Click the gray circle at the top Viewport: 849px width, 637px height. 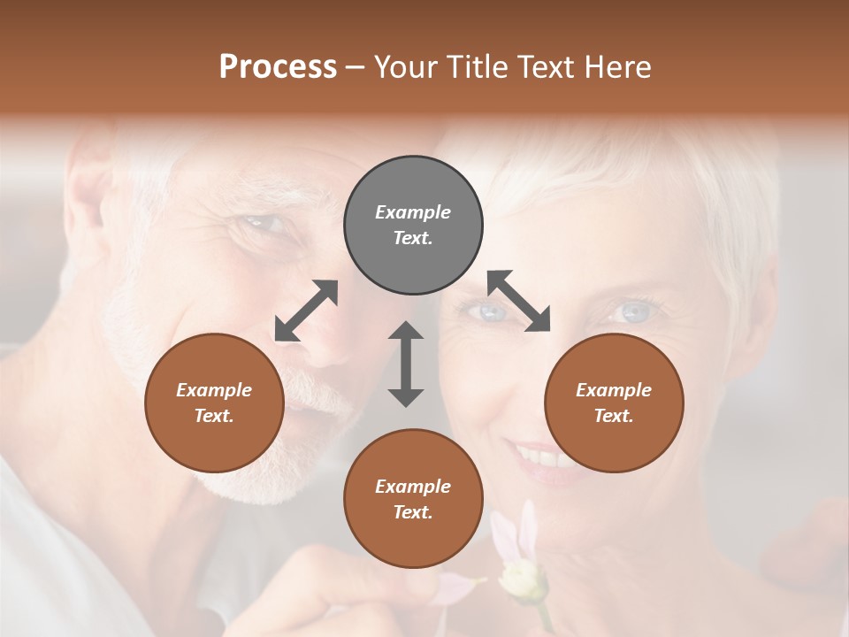(413, 226)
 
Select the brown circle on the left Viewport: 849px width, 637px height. (214, 403)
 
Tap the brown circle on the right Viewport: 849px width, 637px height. (614, 403)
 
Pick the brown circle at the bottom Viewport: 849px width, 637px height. (413, 498)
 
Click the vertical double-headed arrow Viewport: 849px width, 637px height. (406, 364)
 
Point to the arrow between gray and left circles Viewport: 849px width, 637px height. (306, 311)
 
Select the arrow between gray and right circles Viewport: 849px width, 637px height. (519, 301)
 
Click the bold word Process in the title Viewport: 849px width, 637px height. (278, 66)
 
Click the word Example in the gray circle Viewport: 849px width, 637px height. (413, 212)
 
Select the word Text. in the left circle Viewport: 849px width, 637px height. (214, 416)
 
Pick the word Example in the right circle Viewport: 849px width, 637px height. (614, 390)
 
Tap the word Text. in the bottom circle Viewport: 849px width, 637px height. (413, 512)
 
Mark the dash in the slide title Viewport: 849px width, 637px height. (356, 67)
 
